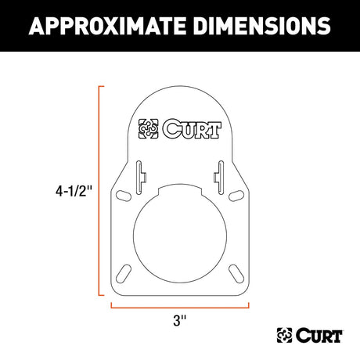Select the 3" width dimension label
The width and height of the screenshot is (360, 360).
[x=180, y=320]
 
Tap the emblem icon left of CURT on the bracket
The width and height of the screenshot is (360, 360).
[x=149, y=127]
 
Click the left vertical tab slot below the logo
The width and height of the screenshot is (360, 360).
[x=140, y=172]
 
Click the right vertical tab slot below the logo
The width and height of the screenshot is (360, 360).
[x=219, y=172]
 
